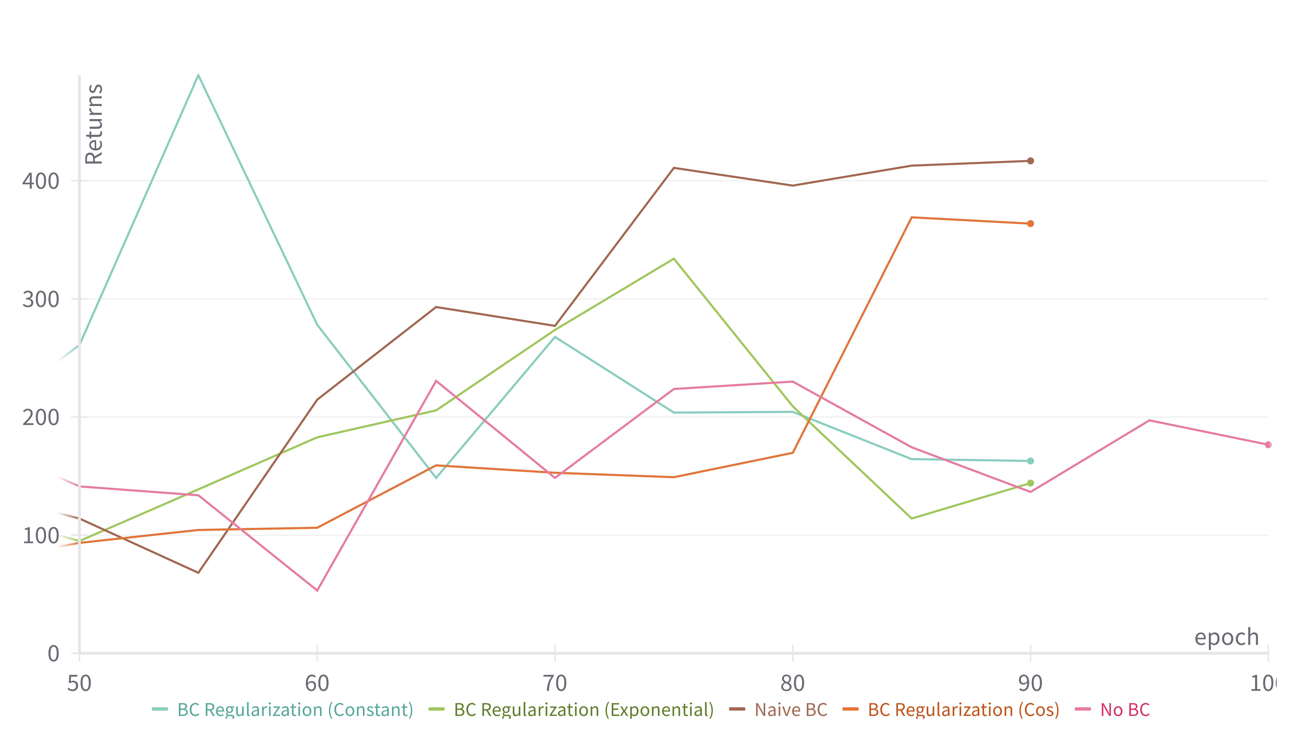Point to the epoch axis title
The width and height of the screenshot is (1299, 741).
(1226, 637)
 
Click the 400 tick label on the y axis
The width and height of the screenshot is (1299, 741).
(41, 181)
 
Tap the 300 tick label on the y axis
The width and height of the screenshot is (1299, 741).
(41, 299)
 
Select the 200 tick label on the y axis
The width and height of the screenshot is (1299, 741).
(41, 417)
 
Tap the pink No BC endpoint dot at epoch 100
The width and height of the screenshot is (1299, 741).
(1267, 445)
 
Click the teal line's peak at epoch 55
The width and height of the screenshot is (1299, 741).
(198, 75)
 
